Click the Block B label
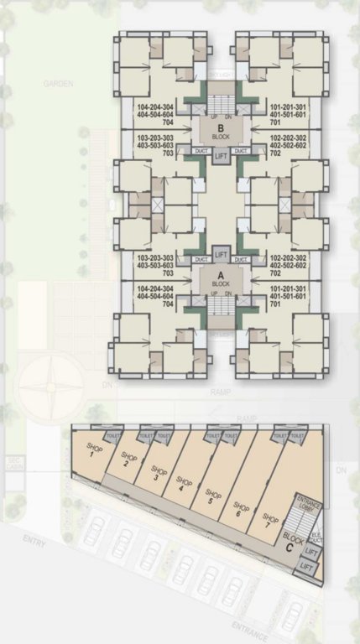221,132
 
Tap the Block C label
294,540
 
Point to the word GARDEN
59,84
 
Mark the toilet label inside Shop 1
112,438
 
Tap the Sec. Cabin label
15,463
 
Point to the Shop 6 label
242,510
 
